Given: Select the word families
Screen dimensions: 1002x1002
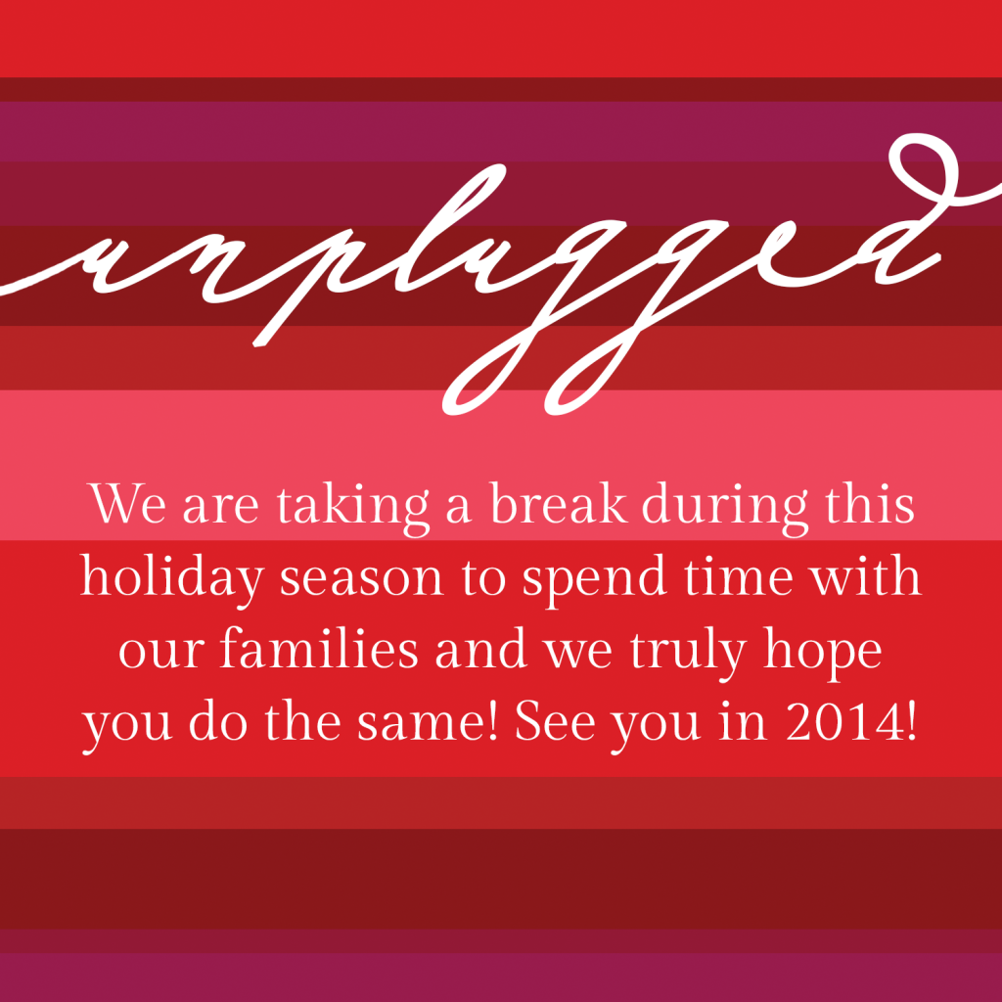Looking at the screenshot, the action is (319, 648).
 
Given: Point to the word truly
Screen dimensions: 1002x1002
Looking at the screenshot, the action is (688, 653).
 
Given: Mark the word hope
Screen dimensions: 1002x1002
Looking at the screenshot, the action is (822, 653).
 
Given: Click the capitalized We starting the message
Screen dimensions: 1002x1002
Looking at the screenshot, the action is (128, 504).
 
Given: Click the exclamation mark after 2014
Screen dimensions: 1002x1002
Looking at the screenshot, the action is (911, 721).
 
